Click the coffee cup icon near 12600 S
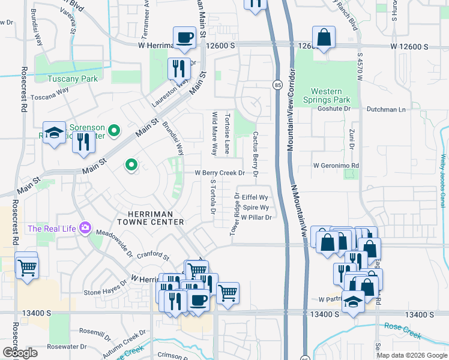click(x=184, y=38)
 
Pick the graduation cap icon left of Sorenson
click(x=54, y=133)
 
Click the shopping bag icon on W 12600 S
click(x=324, y=37)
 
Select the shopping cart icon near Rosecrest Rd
click(x=27, y=267)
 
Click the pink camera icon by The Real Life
click(x=85, y=228)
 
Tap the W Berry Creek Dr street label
click(x=220, y=173)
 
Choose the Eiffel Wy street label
click(x=255, y=196)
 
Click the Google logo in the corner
click(x=19, y=352)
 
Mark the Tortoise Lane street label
click(x=228, y=133)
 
